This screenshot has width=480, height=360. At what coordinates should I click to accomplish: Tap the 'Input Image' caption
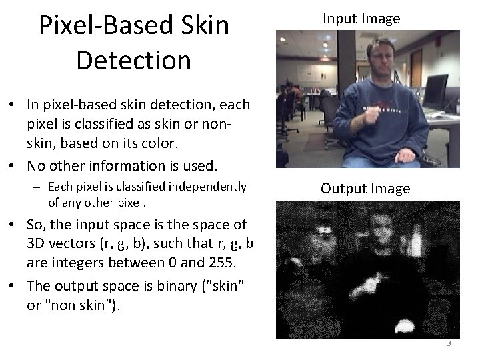point(361,19)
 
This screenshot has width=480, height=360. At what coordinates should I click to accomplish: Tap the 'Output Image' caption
point(365,189)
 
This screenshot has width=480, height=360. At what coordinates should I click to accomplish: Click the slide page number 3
point(449,343)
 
